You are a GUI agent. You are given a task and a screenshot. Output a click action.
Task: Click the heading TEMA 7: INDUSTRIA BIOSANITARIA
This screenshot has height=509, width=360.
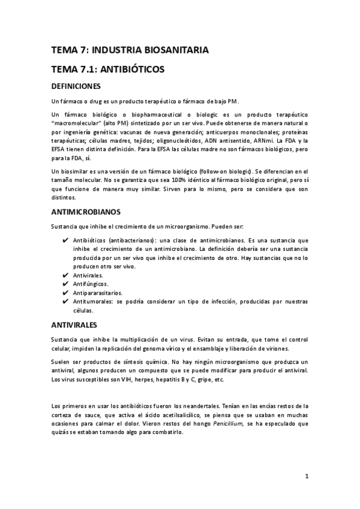pos(130,50)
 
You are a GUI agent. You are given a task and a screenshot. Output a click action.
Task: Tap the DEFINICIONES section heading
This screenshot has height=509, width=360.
pos(80,86)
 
